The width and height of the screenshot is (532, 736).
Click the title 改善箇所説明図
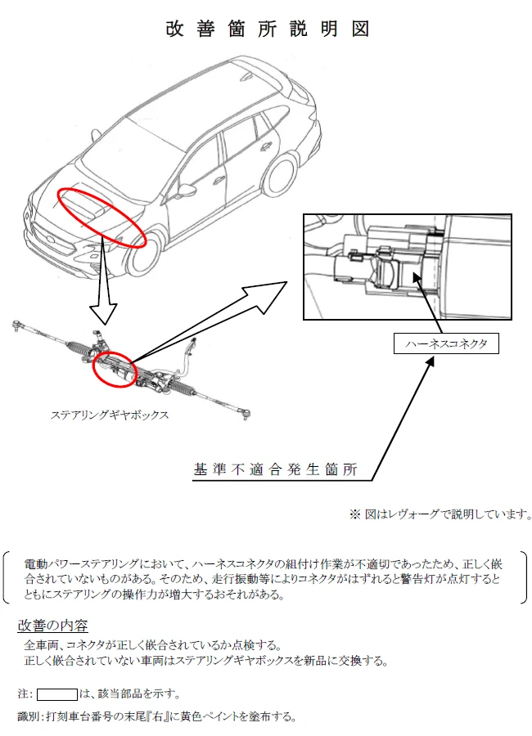[267, 29]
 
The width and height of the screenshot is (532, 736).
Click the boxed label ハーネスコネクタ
[446, 343]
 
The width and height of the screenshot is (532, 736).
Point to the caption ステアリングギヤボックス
[110, 415]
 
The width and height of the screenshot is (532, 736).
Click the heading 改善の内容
[52, 626]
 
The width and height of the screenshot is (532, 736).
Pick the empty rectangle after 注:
[56, 693]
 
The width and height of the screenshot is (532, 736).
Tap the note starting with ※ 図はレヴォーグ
[440, 514]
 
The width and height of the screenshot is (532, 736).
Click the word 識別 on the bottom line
[27, 716]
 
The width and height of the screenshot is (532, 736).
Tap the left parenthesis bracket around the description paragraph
[7, 577]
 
